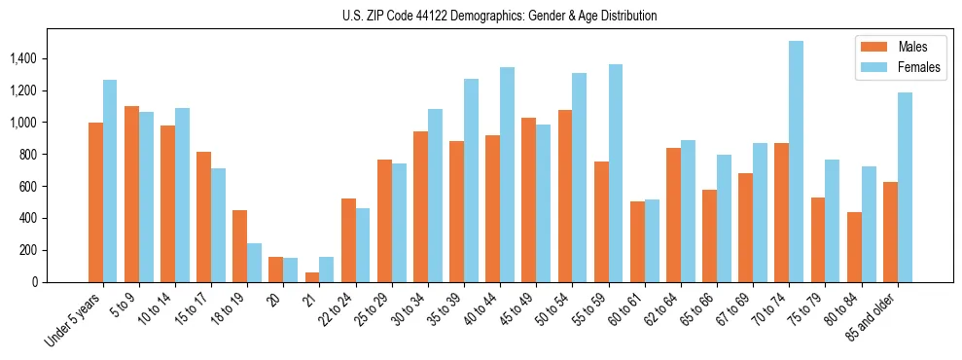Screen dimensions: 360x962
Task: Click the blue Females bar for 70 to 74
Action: pos(796,162)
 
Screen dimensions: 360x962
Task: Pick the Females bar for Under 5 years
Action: pos(110,181)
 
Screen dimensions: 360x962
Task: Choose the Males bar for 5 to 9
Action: pos(131,194)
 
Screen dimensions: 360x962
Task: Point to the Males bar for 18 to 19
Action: pos(239,246)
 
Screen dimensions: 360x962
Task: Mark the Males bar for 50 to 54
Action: pos(565,196)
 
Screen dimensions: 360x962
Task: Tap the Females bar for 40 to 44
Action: pos(507,174)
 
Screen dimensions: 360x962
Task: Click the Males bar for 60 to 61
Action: pos(637,241)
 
